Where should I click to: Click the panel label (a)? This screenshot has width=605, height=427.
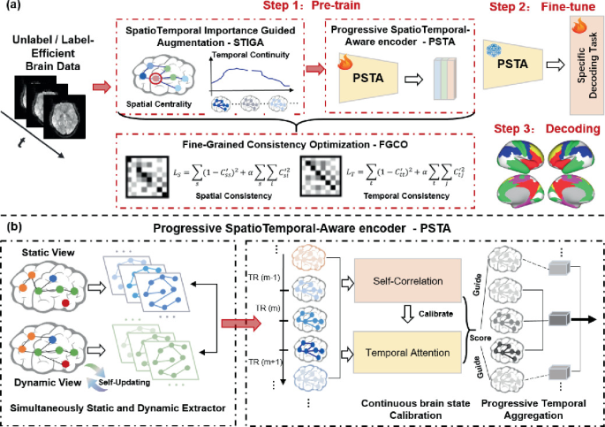click(x=15, y=8)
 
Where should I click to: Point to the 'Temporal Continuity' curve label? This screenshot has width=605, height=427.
click(x=252, y=56)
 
